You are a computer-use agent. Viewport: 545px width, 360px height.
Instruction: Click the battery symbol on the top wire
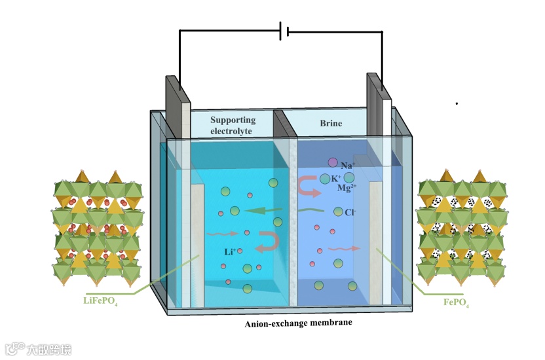(x=284, y=31)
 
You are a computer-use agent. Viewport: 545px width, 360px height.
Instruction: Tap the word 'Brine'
(x=331, y=123)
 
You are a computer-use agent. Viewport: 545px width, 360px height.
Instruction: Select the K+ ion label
(x=336, y=178)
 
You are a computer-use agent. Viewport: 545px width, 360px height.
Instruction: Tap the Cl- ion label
(x=350, y=213)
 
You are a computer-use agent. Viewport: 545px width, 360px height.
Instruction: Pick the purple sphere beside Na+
(x=333, y=162)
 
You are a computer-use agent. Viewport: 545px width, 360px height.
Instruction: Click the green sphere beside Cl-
(x=338, y=211)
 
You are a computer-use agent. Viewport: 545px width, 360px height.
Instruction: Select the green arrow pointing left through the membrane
(x=265, y=211)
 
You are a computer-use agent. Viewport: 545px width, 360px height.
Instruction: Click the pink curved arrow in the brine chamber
(x=309, y=186)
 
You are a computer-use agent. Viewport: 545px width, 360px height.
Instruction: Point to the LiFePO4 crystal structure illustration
(x=97, y=226)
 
